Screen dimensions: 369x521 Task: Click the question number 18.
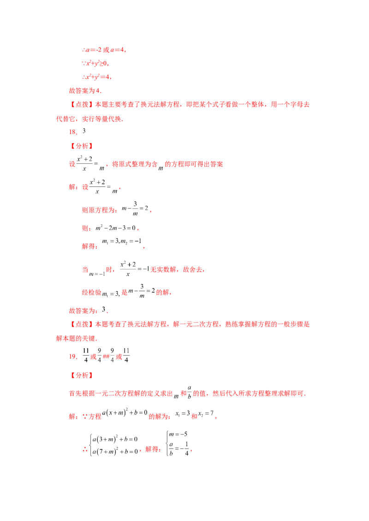73,132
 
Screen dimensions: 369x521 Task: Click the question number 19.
73,357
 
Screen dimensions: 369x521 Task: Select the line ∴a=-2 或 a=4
104,50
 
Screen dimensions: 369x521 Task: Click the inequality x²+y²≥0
95,63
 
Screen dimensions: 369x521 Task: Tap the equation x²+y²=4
96,77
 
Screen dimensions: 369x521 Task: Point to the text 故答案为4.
85,90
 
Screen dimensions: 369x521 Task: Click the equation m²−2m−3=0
116,228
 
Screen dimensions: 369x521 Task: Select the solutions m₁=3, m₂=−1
122,242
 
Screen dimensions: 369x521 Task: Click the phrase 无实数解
163,269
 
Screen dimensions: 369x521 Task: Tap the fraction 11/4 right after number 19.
86,355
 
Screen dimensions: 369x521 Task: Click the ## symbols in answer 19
106,357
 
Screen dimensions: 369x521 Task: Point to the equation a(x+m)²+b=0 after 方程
125,413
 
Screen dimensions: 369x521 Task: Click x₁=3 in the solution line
183,414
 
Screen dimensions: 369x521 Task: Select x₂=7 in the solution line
206,414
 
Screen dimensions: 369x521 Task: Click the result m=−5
178,434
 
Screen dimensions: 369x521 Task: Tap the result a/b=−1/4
179,449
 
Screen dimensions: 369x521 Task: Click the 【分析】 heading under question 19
82,375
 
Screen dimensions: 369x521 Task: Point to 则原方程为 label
100,210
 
